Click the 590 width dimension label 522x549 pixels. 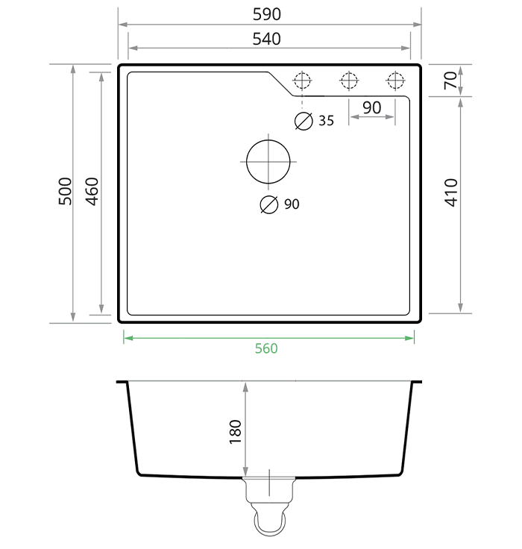(266, 14)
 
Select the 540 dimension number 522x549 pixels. (266, 39)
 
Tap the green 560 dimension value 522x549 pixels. (266, 348)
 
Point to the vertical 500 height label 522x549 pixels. (65, 192)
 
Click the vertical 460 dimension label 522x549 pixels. (92, 192)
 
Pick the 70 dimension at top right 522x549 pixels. (450, 80)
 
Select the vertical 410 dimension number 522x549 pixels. (450, 192)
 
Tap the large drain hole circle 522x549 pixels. (268, 162)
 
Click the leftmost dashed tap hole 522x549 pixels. (302, 80)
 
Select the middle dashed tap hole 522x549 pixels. (348, 80)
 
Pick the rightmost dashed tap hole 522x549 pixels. (394, 80)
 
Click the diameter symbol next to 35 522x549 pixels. (304, 121)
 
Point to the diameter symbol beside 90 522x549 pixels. (268, 204)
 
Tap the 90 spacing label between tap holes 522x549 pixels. (371, 108)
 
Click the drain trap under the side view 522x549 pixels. (268, 507)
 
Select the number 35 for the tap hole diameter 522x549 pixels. (327, 121)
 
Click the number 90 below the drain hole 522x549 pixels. (292, 204)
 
